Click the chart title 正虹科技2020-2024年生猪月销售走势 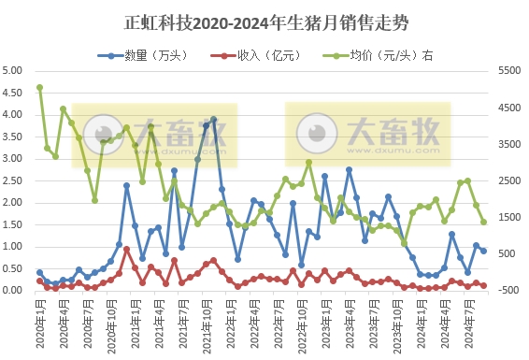(264, 20)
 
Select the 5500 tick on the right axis (508, 71)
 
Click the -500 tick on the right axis (508, 291)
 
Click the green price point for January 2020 (39, 88)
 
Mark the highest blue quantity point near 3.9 (214, 120)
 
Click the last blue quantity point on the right (483, 251)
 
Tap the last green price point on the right (483, 222)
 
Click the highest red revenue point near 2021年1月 (126, 250)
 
